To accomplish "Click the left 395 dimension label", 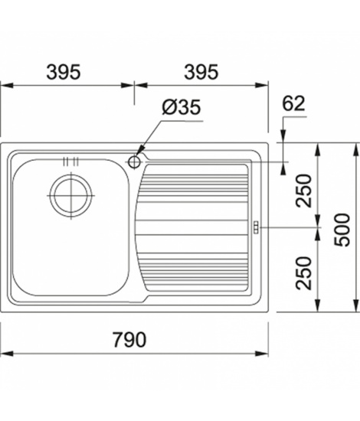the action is [x=64, y=72].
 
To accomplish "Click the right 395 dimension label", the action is [x=201, y=72].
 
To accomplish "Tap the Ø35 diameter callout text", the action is [x=182, y=107].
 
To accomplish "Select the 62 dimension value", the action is [x=293, y=103].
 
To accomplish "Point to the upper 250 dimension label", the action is [x=303, y=191].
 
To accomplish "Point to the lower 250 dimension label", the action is [x=303, y=273].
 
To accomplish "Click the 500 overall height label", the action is [x=342, y=230].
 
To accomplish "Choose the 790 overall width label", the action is [x=129, y=340].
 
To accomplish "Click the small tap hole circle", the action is [x=134, y=162].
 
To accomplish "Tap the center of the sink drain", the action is [x=71, y=195].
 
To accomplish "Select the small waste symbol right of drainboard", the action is [x=256, y=227].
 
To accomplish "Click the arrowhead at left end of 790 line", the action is [x=7, y=354].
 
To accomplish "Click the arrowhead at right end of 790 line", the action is [x=262, y=354].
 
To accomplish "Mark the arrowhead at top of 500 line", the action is [x=356, y=149].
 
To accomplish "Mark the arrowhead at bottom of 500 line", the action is [x=356, y=306].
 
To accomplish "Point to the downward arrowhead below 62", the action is [x=283, y=136].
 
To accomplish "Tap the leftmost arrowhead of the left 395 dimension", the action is [x=7, y=86].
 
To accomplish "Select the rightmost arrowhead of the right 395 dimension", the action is [x=262, y=86].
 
